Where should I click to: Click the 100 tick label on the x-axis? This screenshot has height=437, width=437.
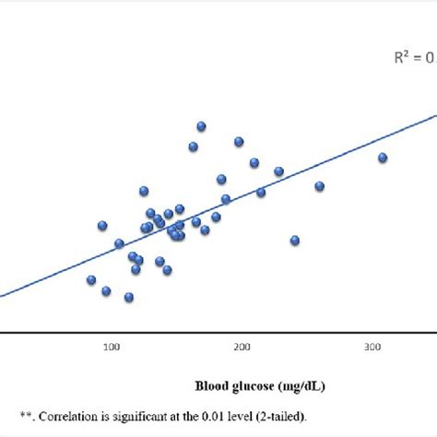(112, 347)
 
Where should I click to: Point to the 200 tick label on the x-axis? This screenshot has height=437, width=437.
(242, 347)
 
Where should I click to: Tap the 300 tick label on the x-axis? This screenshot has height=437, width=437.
(372, 347)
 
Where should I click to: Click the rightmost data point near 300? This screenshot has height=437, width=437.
(382, 158)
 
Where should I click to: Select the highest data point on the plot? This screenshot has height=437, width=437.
(201, 125)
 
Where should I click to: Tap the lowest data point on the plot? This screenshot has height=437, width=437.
(129, 297)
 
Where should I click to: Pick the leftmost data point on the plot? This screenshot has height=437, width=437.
(91, 280)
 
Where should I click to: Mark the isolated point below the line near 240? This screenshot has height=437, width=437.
(295, 240)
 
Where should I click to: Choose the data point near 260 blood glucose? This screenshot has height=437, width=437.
(320, 186)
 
